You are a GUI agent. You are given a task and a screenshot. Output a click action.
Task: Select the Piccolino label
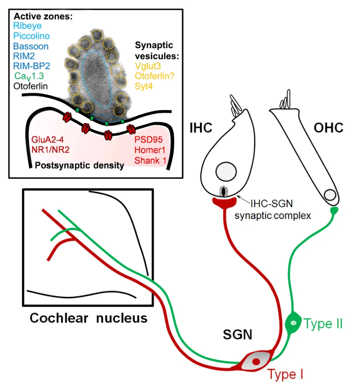coord(31,36)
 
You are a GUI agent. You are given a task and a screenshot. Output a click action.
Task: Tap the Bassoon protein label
coord(31,47)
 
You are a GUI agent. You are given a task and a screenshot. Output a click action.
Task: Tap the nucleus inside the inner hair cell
coord(223,172)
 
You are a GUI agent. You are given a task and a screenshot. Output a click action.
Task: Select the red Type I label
coord(285,375)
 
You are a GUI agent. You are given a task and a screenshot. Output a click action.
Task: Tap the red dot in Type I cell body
coord(256,361)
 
